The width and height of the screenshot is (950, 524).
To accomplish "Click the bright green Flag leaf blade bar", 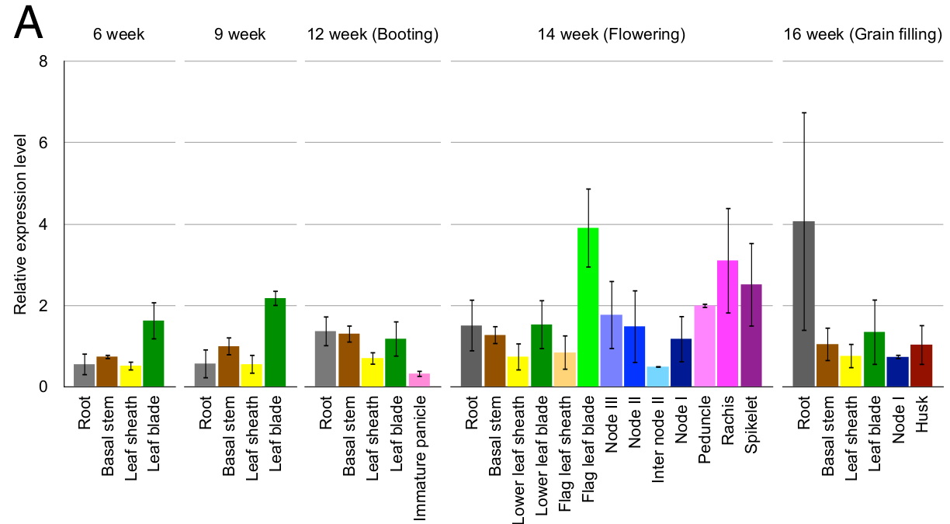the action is coord(588,307).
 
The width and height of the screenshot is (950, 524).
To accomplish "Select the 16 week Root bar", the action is coord(803,304).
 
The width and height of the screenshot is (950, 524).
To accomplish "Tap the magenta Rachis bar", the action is coord(728,323).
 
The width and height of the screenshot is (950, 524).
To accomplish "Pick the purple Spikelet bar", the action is coord(751,335).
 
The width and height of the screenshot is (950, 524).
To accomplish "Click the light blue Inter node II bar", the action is coord(658,377).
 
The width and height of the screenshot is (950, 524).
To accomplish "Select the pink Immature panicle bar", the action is coord(419,380).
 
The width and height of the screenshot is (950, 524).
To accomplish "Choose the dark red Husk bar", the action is coord(921,366).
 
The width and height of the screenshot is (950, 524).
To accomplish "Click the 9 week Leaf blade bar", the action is coord(276,342).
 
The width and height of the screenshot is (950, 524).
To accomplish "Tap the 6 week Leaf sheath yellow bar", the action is coord(130,376).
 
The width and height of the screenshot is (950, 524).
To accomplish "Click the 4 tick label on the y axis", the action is coord(43,224).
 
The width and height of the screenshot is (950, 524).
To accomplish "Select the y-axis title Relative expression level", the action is coord(20,224).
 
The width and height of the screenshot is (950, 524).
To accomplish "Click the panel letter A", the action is coord(29,23).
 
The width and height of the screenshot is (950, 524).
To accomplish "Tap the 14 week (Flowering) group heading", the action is coord(611,34).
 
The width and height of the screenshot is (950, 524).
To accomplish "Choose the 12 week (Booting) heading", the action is coord(373,34).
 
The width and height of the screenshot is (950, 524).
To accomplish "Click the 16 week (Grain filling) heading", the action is coord(862,34).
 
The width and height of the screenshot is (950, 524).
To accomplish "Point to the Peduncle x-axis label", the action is coord(704,429).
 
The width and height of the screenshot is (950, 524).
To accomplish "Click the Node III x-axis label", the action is coord(611,425).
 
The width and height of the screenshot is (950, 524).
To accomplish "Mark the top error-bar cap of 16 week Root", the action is coord(803,113).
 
